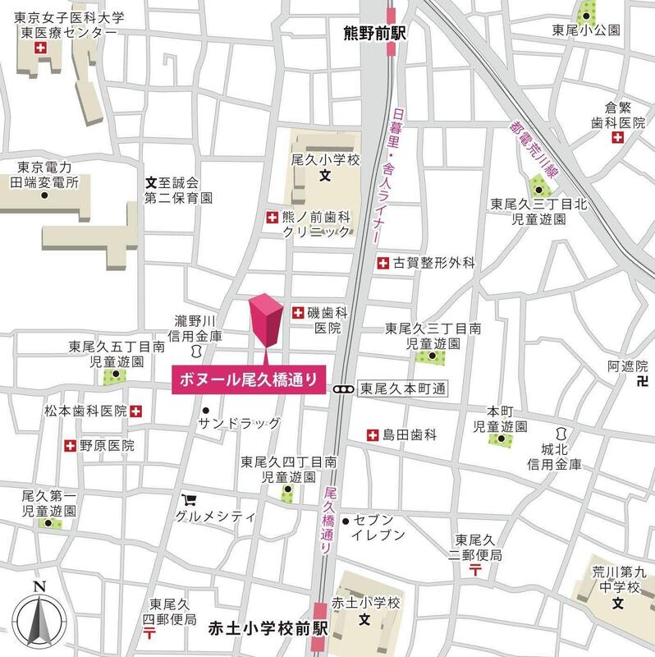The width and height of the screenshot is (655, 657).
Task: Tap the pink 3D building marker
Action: pyautogui.click(x=266, y=323)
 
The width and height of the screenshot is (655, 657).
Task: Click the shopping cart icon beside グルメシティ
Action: pyautogui.click(x=189, y=499)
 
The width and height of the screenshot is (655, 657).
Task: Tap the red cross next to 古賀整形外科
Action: pyautogui.click(x=382, y=263)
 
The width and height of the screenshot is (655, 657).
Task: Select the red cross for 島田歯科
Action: pyautogui.click(x=373, y=434)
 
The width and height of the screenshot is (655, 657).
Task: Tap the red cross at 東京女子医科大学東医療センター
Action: pyautogui.click(x=38, y=49)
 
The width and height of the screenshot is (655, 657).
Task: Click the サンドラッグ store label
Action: pyautogui.click(x=239, y=423)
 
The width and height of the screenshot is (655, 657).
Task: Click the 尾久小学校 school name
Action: pyautogui.click(x=326, y=160)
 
